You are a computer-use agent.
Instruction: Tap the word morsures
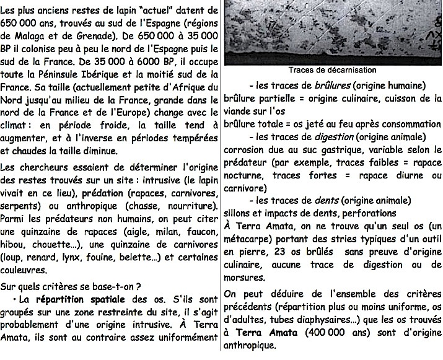[x=245, y=277]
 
